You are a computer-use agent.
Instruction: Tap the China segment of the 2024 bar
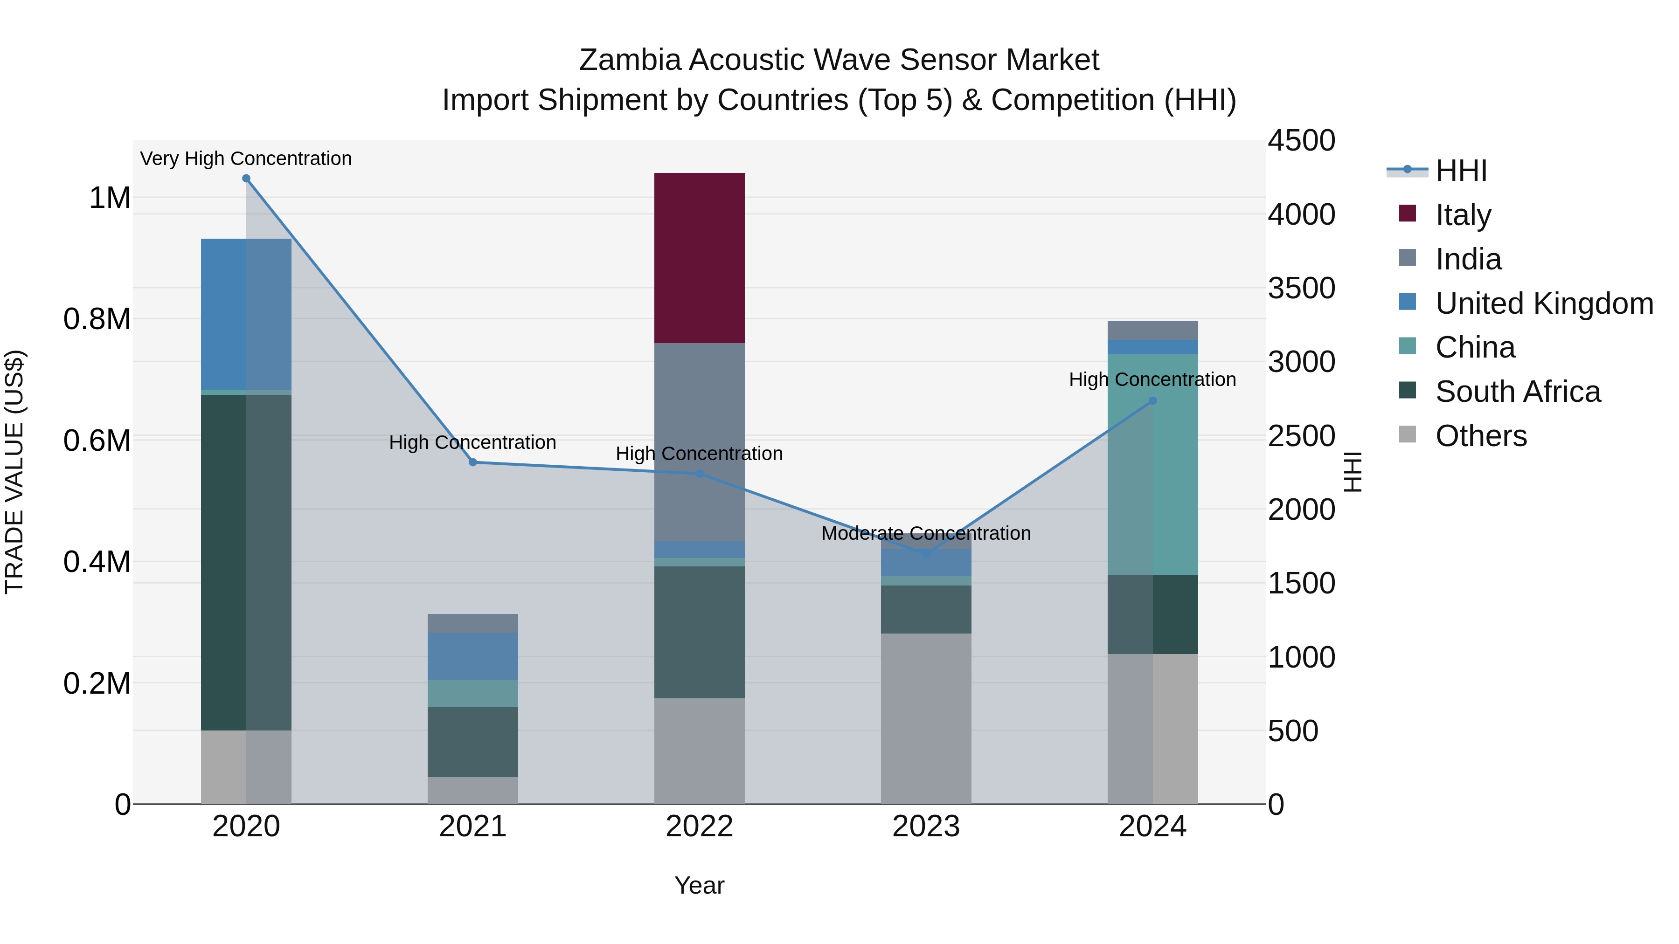click(1152, 464)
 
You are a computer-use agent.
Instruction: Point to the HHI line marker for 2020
click(246, 179)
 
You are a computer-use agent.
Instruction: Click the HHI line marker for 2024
click(1152, 400)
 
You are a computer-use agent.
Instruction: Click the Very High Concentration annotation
click(246, 158)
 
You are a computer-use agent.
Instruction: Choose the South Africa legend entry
click(1517, 392)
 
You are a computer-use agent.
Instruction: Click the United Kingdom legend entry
click(1543, 303)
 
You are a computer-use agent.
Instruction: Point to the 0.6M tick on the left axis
click(97, 441)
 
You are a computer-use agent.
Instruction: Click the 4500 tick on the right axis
click(1301, 141)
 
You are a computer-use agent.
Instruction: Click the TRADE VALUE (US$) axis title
click(14, 472)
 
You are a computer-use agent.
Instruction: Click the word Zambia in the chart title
click(630, 60)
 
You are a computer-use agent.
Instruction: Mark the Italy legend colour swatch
click(1407, 214)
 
